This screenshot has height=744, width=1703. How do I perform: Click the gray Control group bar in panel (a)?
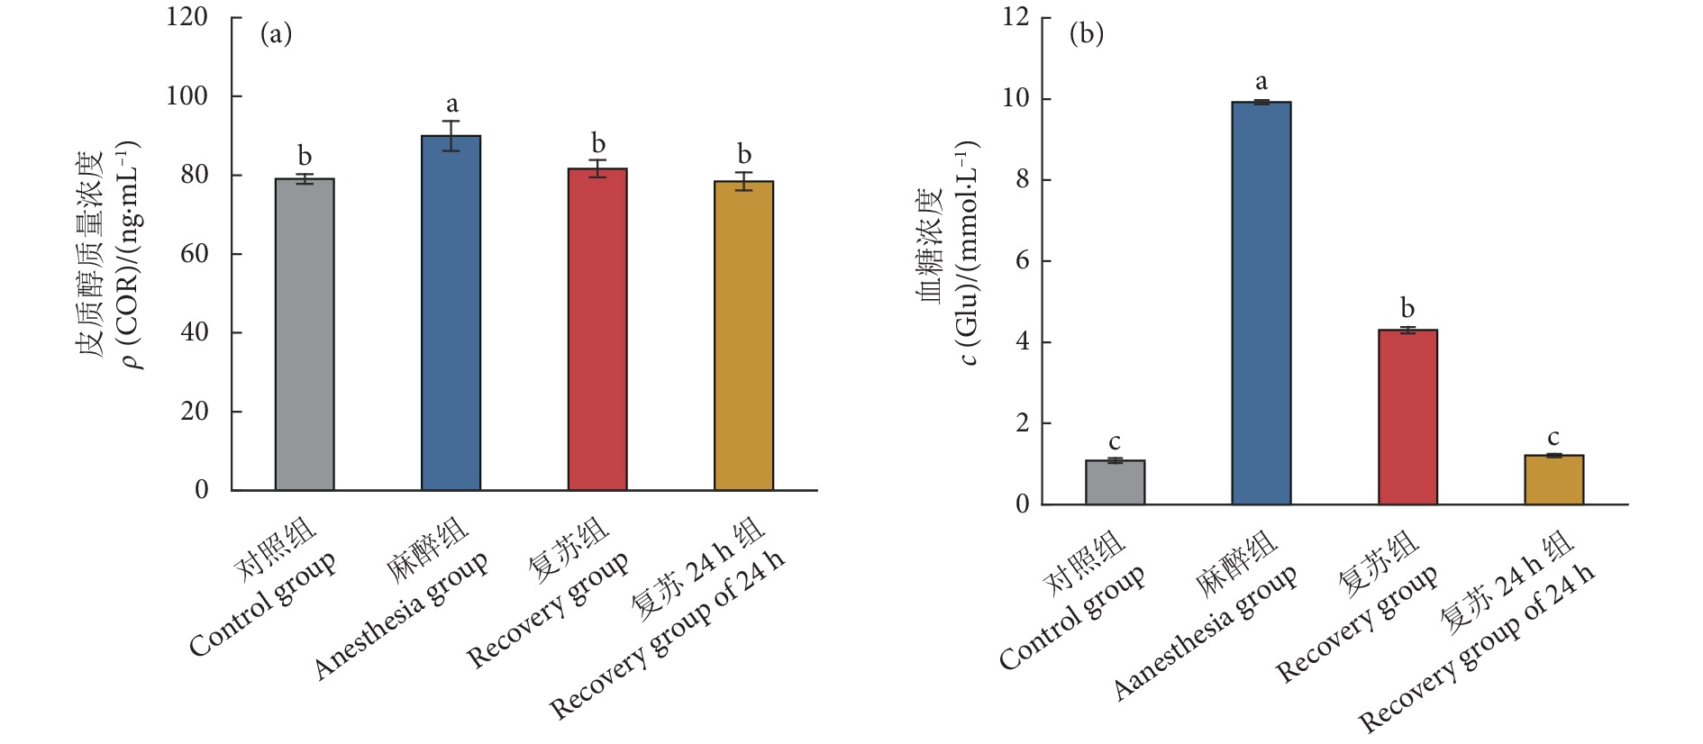coord(305,334)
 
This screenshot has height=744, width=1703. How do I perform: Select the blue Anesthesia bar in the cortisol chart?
coord(451,313)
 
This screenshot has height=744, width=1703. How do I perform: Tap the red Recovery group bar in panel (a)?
coord(597,329)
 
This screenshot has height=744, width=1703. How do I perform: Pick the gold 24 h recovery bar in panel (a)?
coord(743,335)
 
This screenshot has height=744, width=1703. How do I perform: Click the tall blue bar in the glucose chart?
coord(1261,303)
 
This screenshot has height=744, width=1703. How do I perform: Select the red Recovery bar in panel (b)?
coord(1407,416)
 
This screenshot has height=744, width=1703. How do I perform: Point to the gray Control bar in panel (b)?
coord(1115,482)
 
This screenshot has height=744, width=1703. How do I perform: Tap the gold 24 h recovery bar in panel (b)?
coord(1553,479)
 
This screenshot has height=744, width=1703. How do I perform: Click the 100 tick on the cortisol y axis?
coord(187,96)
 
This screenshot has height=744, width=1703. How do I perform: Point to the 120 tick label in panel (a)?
coord(187,17)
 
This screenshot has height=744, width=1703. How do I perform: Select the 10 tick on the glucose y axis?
coord(1015,98)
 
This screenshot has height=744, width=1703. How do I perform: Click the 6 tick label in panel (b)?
coord(1022,261)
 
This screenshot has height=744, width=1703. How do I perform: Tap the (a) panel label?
coord(276,34)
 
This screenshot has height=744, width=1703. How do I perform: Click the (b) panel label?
coord(1086,34)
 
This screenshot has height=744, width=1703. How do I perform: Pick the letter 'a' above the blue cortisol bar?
coord(451,104)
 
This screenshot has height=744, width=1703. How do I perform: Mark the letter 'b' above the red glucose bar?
coord(1407,308)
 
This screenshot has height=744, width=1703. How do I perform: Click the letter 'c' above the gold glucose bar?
coord(1553,438)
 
